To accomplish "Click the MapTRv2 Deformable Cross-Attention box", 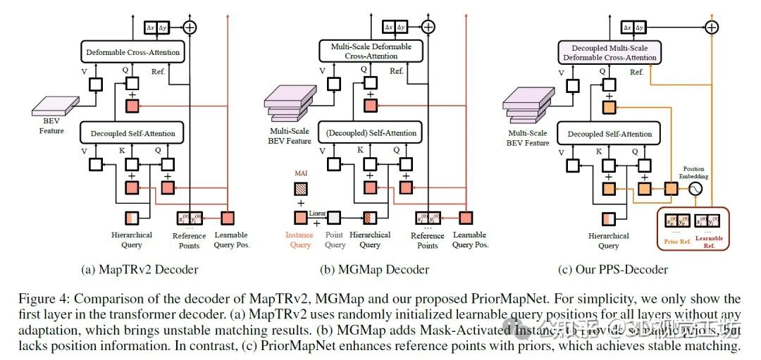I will [132, 52].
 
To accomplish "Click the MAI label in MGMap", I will [299, 173].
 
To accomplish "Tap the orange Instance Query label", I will [299, 240].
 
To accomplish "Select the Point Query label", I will [335, 240].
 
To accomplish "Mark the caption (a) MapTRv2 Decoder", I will [142, 269].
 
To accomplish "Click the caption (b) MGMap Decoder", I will [384, 269].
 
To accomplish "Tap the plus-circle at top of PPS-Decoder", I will [712, 27].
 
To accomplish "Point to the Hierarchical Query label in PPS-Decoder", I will [609, 240].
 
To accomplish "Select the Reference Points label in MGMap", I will [427, 240].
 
